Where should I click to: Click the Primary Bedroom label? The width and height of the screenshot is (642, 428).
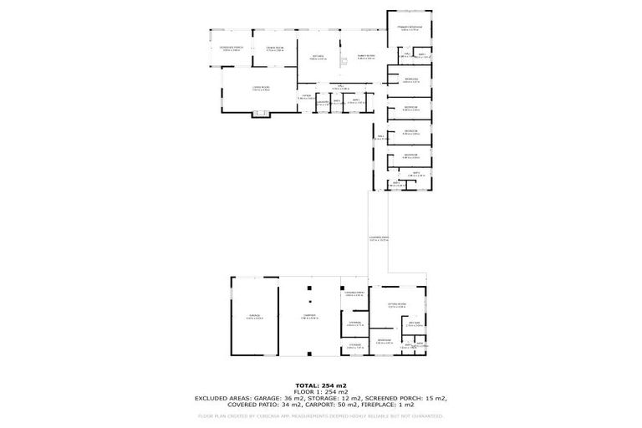click(410, 28)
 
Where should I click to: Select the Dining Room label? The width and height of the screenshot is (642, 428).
click(275, 48)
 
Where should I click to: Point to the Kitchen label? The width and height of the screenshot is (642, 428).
click(318, 57)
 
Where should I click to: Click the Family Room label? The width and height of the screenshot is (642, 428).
click(366, 57)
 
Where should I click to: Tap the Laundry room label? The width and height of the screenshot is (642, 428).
click(320, 103)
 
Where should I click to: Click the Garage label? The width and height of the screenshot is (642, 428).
click(253, 316)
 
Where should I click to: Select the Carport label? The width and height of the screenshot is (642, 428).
click(311, 316)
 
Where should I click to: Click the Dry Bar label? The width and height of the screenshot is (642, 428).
click(413, 324)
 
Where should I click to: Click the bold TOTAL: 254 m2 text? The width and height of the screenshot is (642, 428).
click(320, 385)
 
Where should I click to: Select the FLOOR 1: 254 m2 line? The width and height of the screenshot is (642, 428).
click(320, 391)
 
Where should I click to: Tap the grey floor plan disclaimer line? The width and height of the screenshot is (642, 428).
click(320, 415)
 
